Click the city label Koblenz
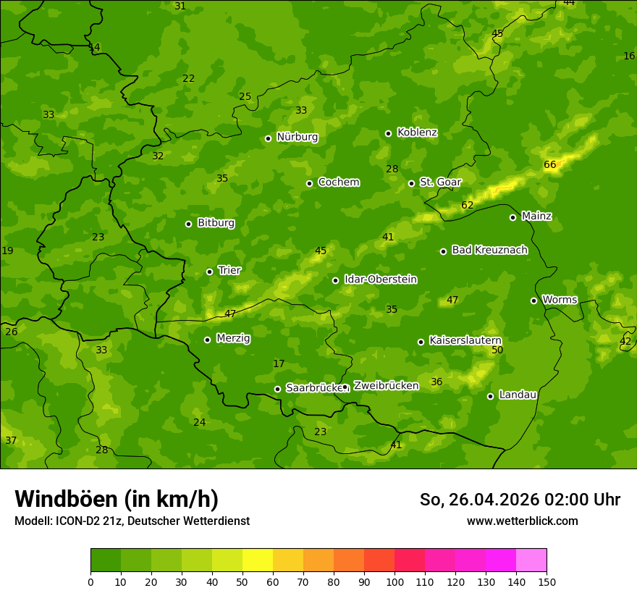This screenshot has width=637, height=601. tap(417, 133)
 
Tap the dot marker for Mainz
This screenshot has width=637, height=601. tap(512, 217)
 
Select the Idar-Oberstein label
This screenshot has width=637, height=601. tap(380, 280)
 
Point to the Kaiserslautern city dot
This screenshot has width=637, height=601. tap(421, 342)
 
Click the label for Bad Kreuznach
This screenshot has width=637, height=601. tap(489, 250)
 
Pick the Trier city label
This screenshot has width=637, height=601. tap(229, 270)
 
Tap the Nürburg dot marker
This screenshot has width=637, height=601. tap(268, 138)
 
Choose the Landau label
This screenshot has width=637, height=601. tap(518, 395)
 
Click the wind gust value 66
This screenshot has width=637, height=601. tap(550, 165)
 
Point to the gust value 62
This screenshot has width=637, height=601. tap(468, 206)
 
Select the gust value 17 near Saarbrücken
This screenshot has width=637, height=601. tap(279, 363)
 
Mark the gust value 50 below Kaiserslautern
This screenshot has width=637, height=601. tap(497, 350)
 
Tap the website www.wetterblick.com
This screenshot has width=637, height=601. tap(522, 521)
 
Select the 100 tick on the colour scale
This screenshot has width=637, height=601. tap(395, 581)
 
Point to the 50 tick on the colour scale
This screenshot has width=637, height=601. tap(242, 581)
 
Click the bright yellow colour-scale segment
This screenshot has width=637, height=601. tap(258, 560)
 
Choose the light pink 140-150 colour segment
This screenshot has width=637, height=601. tap(531, 560)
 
